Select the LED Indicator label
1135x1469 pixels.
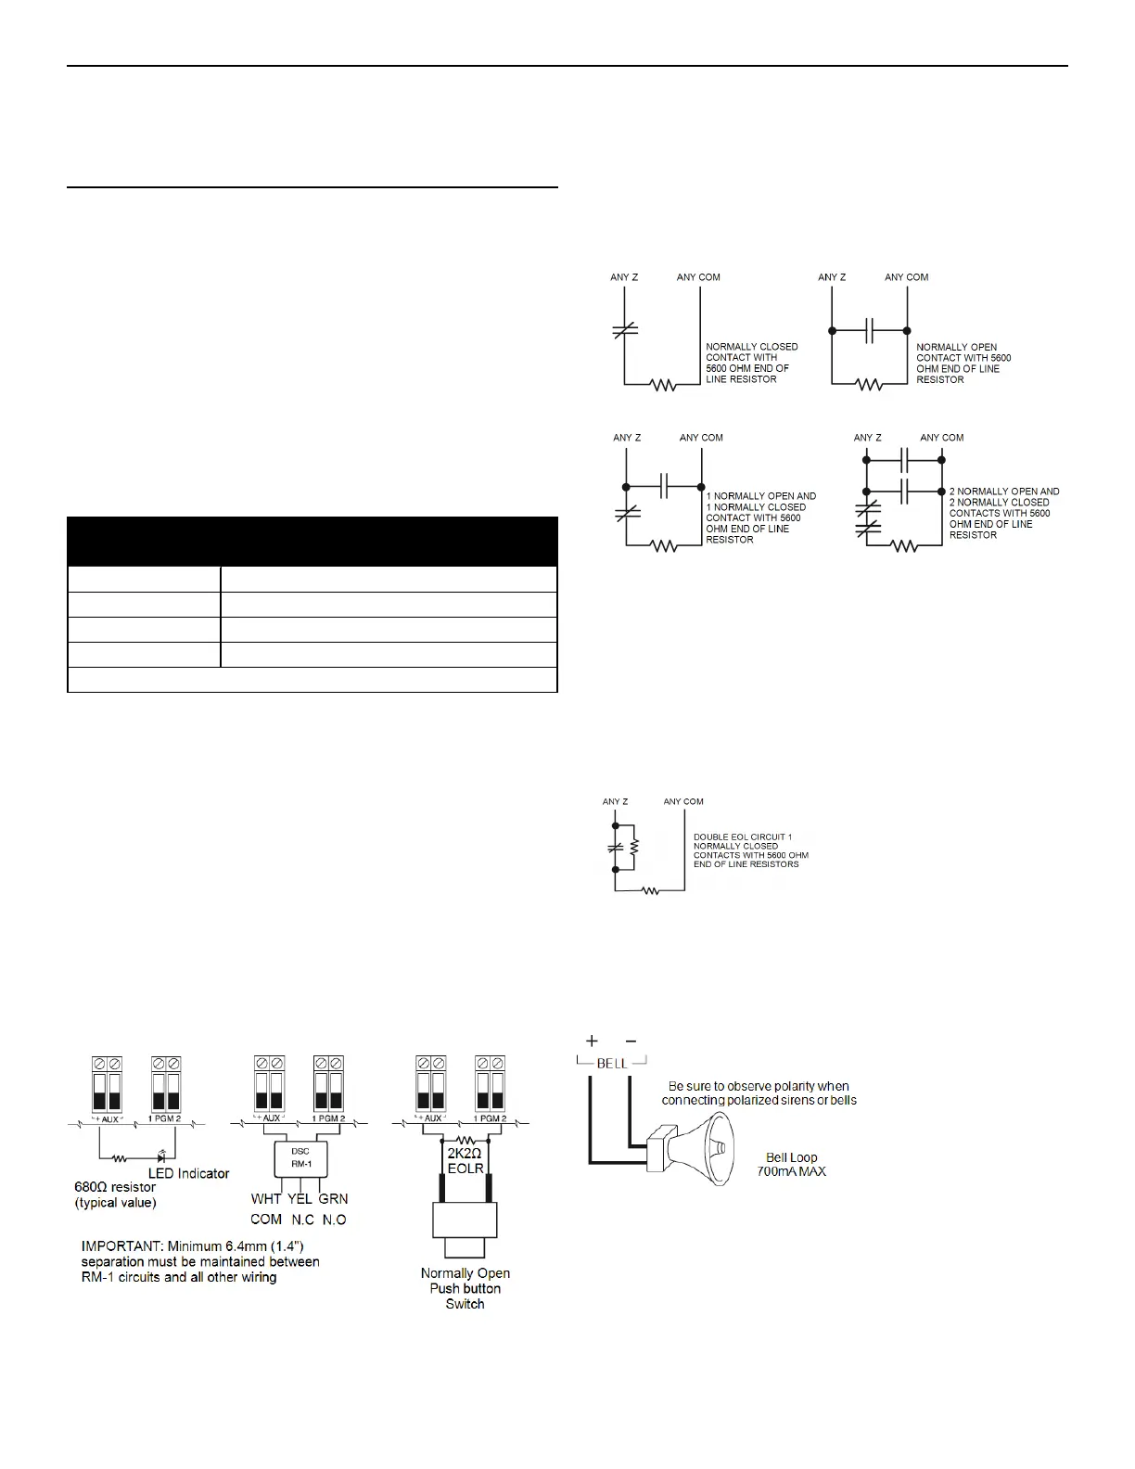(188, 1173)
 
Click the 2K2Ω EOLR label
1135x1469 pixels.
(465, 1160)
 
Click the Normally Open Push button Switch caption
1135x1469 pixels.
(465, 1288)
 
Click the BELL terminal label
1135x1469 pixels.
(611, 1064)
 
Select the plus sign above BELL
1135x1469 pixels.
(592, 1041)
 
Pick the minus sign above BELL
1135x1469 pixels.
(631, 1041)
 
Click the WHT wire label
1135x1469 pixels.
(266, 1198)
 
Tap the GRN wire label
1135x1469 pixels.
(333, 1198)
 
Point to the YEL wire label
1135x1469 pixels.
(300, 1198)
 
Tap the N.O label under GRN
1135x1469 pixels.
(334, 1220)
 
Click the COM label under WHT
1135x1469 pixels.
(266, 1220)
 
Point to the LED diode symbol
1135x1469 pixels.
(161, 1157)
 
